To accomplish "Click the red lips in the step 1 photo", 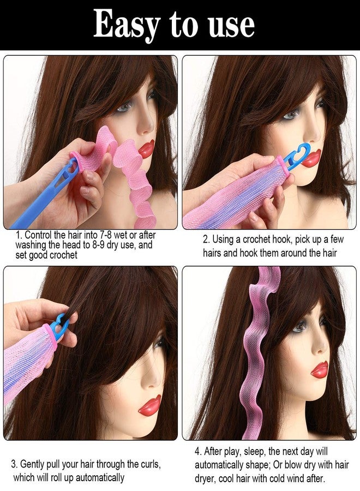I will click(x=146, y=148).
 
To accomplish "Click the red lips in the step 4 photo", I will click(x=320, y=369).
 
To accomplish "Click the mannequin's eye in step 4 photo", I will click(x=299, y=326).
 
